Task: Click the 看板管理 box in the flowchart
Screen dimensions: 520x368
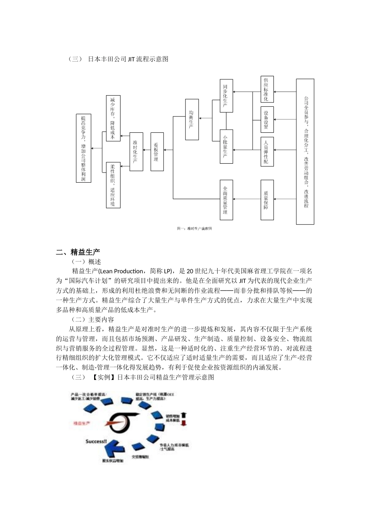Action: [157, 152]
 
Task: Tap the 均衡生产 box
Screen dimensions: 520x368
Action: [191, 119]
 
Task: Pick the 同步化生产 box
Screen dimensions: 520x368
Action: [226, 96]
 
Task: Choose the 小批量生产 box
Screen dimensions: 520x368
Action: [226, 145]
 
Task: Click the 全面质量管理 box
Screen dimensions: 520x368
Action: [226, 200]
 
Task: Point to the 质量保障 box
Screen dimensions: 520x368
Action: [267, 200]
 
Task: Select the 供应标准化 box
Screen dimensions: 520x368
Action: [267, 89]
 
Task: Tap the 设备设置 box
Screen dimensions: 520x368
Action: [267, 120]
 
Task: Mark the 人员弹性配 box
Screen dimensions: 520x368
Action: [267, 151]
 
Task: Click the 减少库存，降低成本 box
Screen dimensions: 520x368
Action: [113, 118]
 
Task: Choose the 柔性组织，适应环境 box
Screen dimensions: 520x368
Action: [113, 185]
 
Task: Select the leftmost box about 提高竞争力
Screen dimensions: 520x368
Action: [83, 148]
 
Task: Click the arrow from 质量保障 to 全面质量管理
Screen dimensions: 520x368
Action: [246, 199]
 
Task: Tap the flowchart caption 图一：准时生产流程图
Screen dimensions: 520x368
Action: [194, 229]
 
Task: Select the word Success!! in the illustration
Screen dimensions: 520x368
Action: [96, 441]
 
